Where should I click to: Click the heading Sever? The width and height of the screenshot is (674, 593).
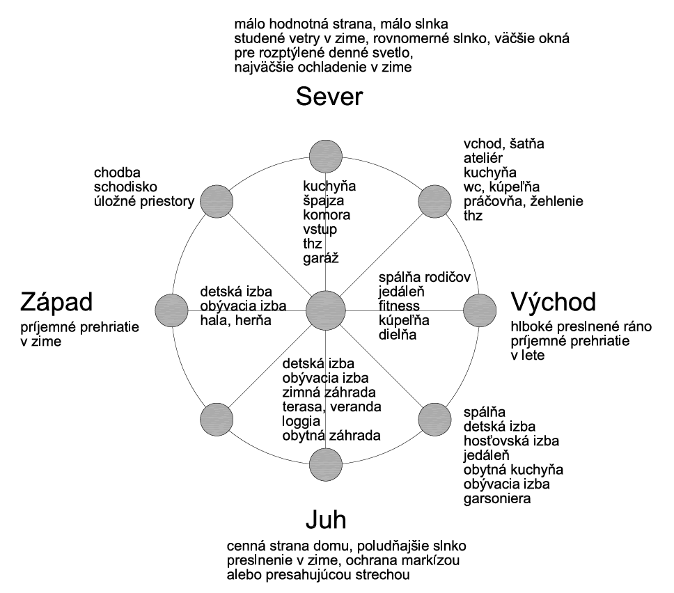click(x=329, y=97)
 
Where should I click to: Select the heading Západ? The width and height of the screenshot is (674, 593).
click(x=67, y=303)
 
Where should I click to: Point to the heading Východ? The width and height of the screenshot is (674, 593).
click(x=554, y=302)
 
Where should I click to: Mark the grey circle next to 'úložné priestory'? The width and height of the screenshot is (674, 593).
click(x=217, y=201)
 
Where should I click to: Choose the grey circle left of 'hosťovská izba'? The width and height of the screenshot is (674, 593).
click(x=435, y=418)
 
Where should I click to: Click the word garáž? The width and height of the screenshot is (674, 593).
click(x=319, y=258)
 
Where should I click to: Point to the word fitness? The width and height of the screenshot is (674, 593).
click(x=399, y=306)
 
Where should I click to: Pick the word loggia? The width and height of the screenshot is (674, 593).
click(x=301, y=422)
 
